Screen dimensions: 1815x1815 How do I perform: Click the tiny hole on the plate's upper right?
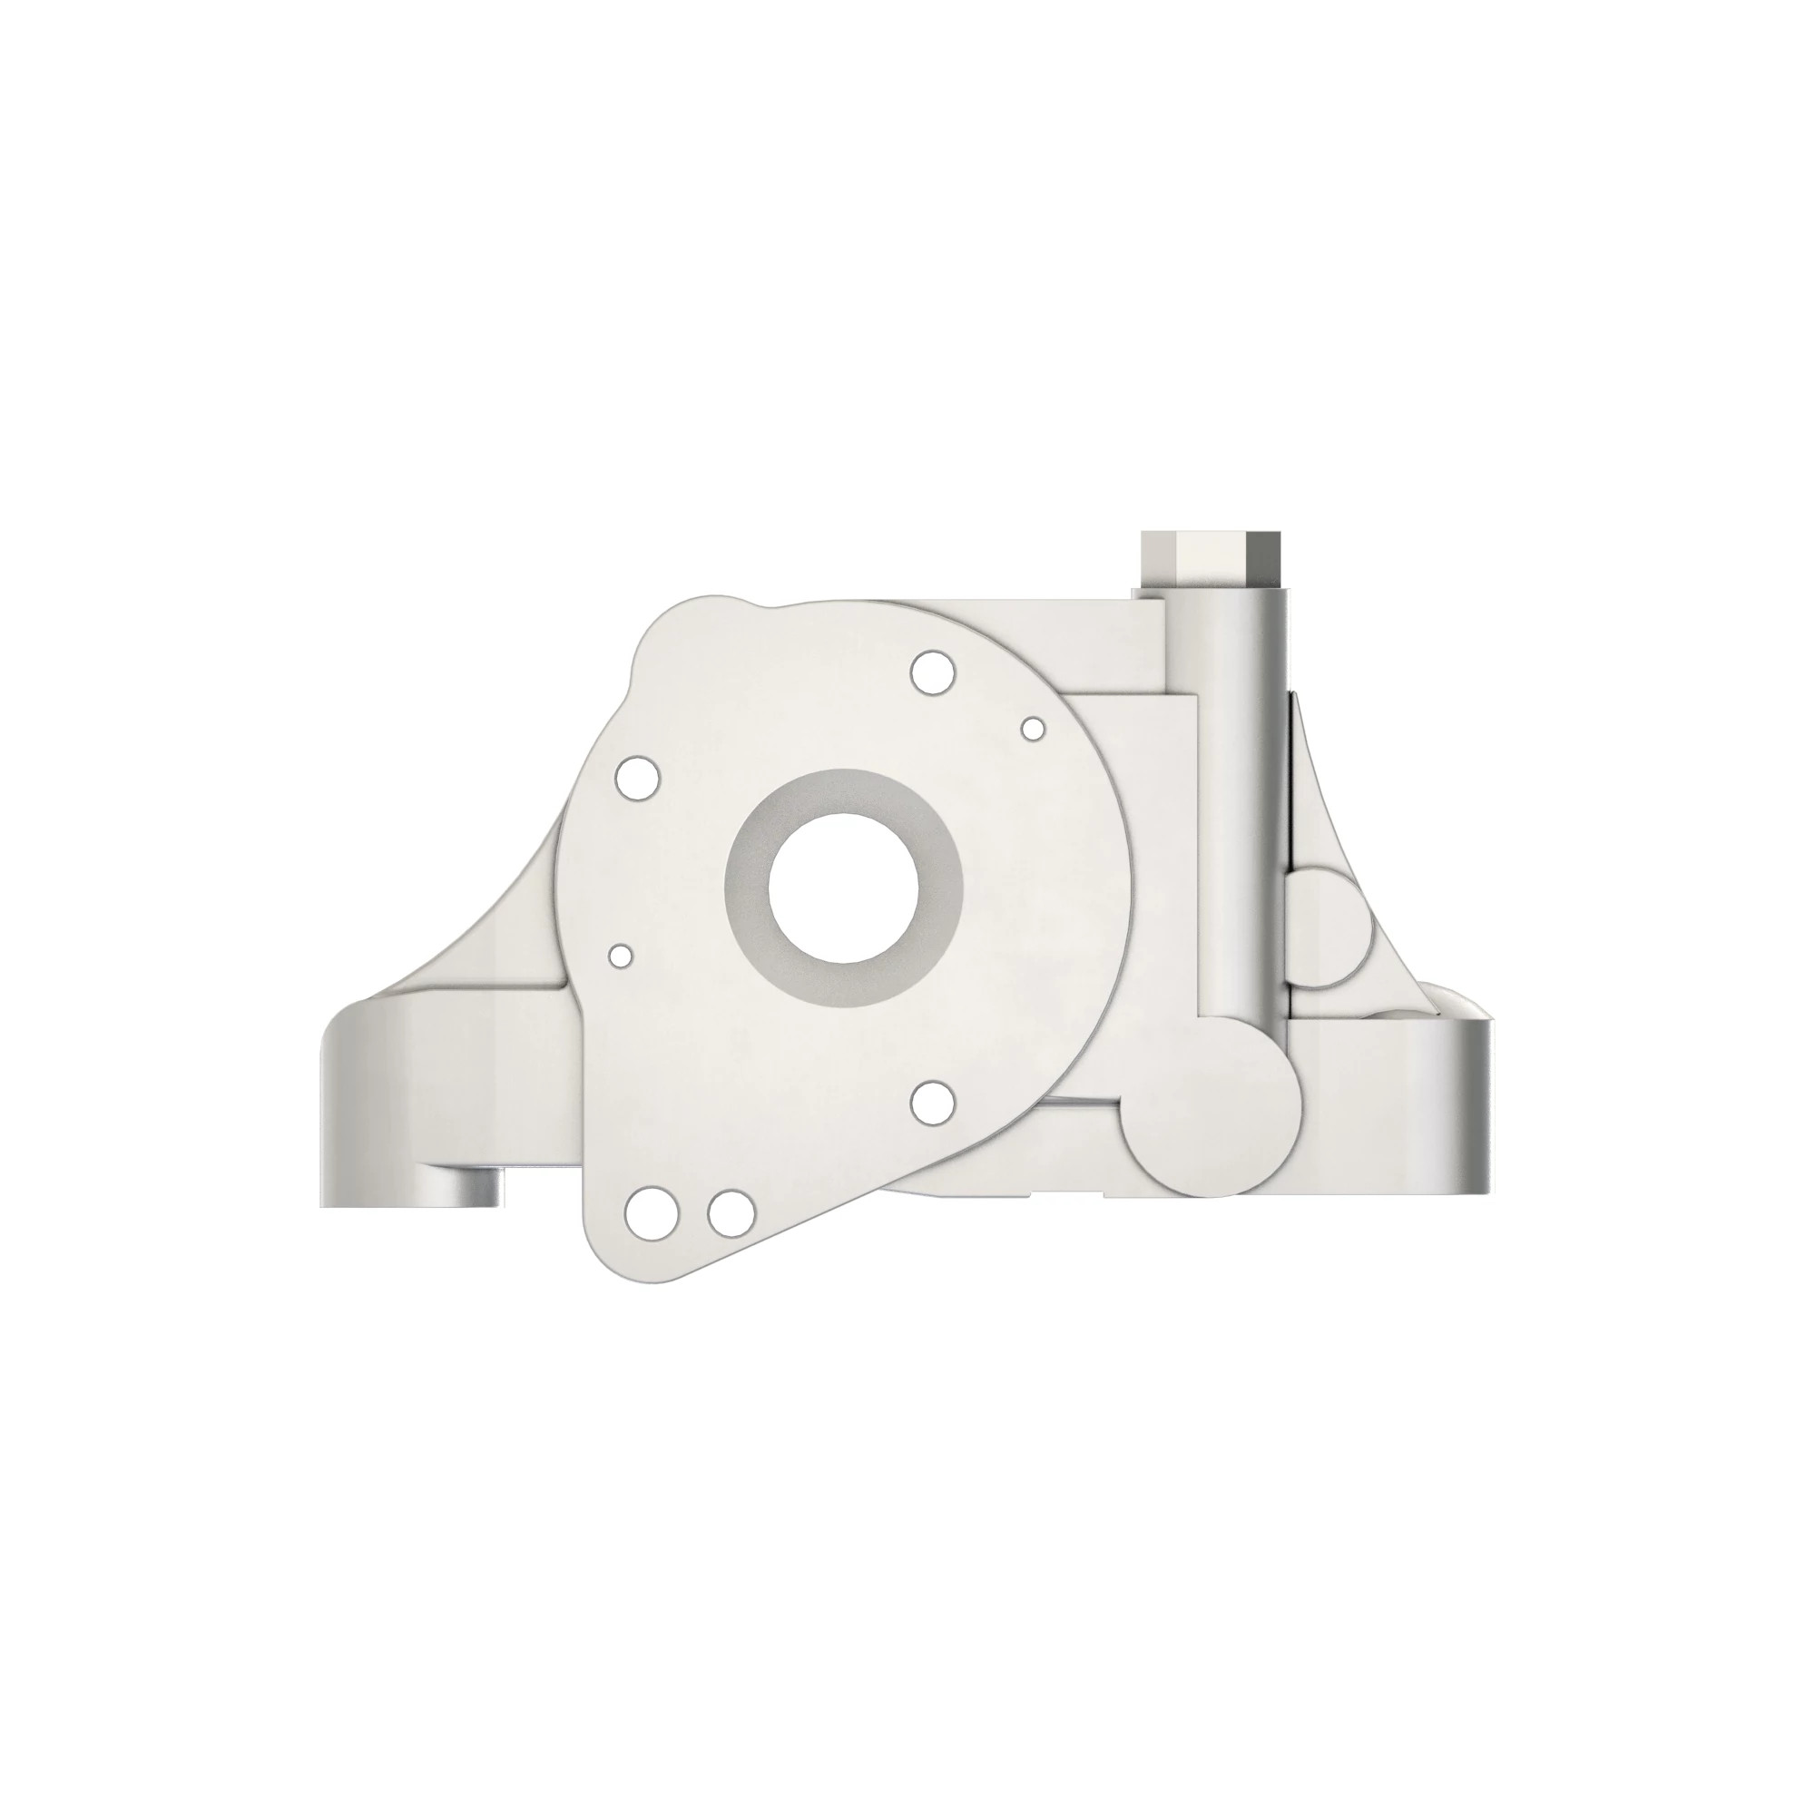tap(1034, 727)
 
